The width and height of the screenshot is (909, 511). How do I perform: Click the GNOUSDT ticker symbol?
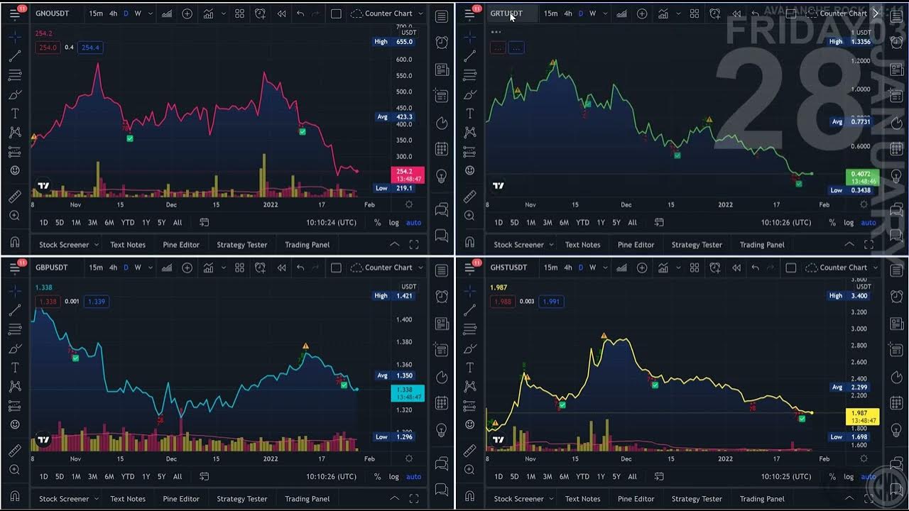[53, 13]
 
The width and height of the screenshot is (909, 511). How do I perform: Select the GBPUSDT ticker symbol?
[52, 268]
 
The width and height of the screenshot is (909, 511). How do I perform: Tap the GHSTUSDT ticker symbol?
[508, 268]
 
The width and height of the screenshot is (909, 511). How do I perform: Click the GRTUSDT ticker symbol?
[506, 13]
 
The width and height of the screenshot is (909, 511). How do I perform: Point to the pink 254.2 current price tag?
[407, 175]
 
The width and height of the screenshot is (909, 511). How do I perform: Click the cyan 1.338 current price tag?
[407, 393]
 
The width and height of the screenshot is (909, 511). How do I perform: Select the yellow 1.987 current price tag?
[862, 417]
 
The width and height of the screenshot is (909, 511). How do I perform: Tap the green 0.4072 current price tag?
[862, 177]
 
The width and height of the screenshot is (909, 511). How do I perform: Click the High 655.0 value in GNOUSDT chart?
[404, 42]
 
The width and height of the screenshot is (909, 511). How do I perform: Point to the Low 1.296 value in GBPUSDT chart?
[404, 437]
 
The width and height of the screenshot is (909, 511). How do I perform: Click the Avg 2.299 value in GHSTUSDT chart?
[859, 388]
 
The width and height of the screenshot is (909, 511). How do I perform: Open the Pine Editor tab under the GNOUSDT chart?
[181, 245]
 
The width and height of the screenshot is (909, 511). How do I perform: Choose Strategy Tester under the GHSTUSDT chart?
[697, 499]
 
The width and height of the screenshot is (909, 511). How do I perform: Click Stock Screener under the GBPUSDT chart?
[64, 499]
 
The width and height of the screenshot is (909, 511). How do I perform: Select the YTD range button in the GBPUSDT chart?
[128, 477]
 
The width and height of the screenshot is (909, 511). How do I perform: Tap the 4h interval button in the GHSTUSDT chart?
[568, 268]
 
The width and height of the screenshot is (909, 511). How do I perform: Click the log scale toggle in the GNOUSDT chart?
[394, 223]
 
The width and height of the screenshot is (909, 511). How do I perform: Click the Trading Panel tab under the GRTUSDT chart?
[762, 245]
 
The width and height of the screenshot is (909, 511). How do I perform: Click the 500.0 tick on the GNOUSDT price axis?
[404, 92]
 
